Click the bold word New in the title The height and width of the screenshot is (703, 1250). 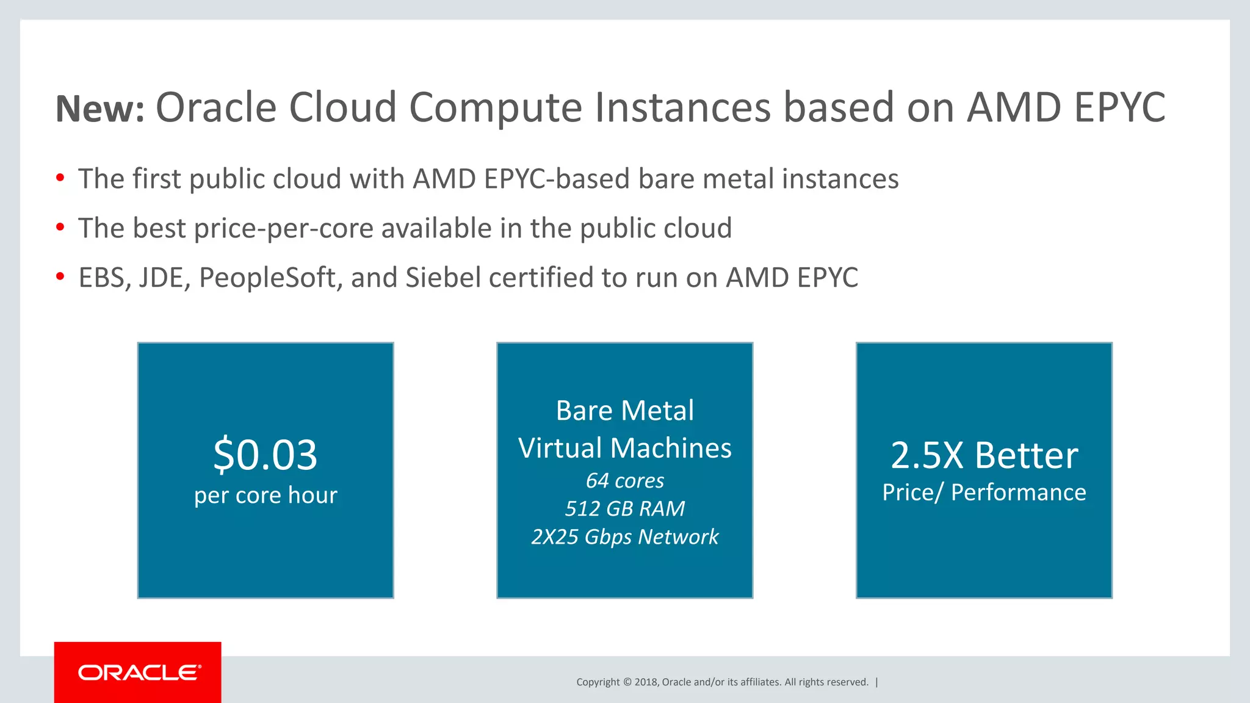(99, 109)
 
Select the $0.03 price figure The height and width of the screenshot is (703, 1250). (266, 455)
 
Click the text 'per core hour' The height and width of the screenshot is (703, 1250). (266, 495)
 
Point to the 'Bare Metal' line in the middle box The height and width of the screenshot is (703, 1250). (625, 411)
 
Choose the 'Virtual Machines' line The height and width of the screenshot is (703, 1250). (625, 448)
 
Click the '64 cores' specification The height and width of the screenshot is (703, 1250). (625, 481)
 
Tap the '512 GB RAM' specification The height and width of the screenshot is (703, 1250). (625, 508)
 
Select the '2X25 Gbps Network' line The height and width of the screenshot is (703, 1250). (625, 537)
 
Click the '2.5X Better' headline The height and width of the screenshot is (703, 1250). (984, 455)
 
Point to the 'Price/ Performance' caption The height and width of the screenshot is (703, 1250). (984, 492)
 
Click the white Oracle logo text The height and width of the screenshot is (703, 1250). (139, 672)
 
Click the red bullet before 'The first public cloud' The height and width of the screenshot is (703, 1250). (60, 178)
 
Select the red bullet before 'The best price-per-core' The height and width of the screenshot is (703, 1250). (60, 228)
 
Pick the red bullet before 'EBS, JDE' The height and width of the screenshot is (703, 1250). (60, 277)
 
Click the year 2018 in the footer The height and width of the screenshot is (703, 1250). (646, 682)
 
